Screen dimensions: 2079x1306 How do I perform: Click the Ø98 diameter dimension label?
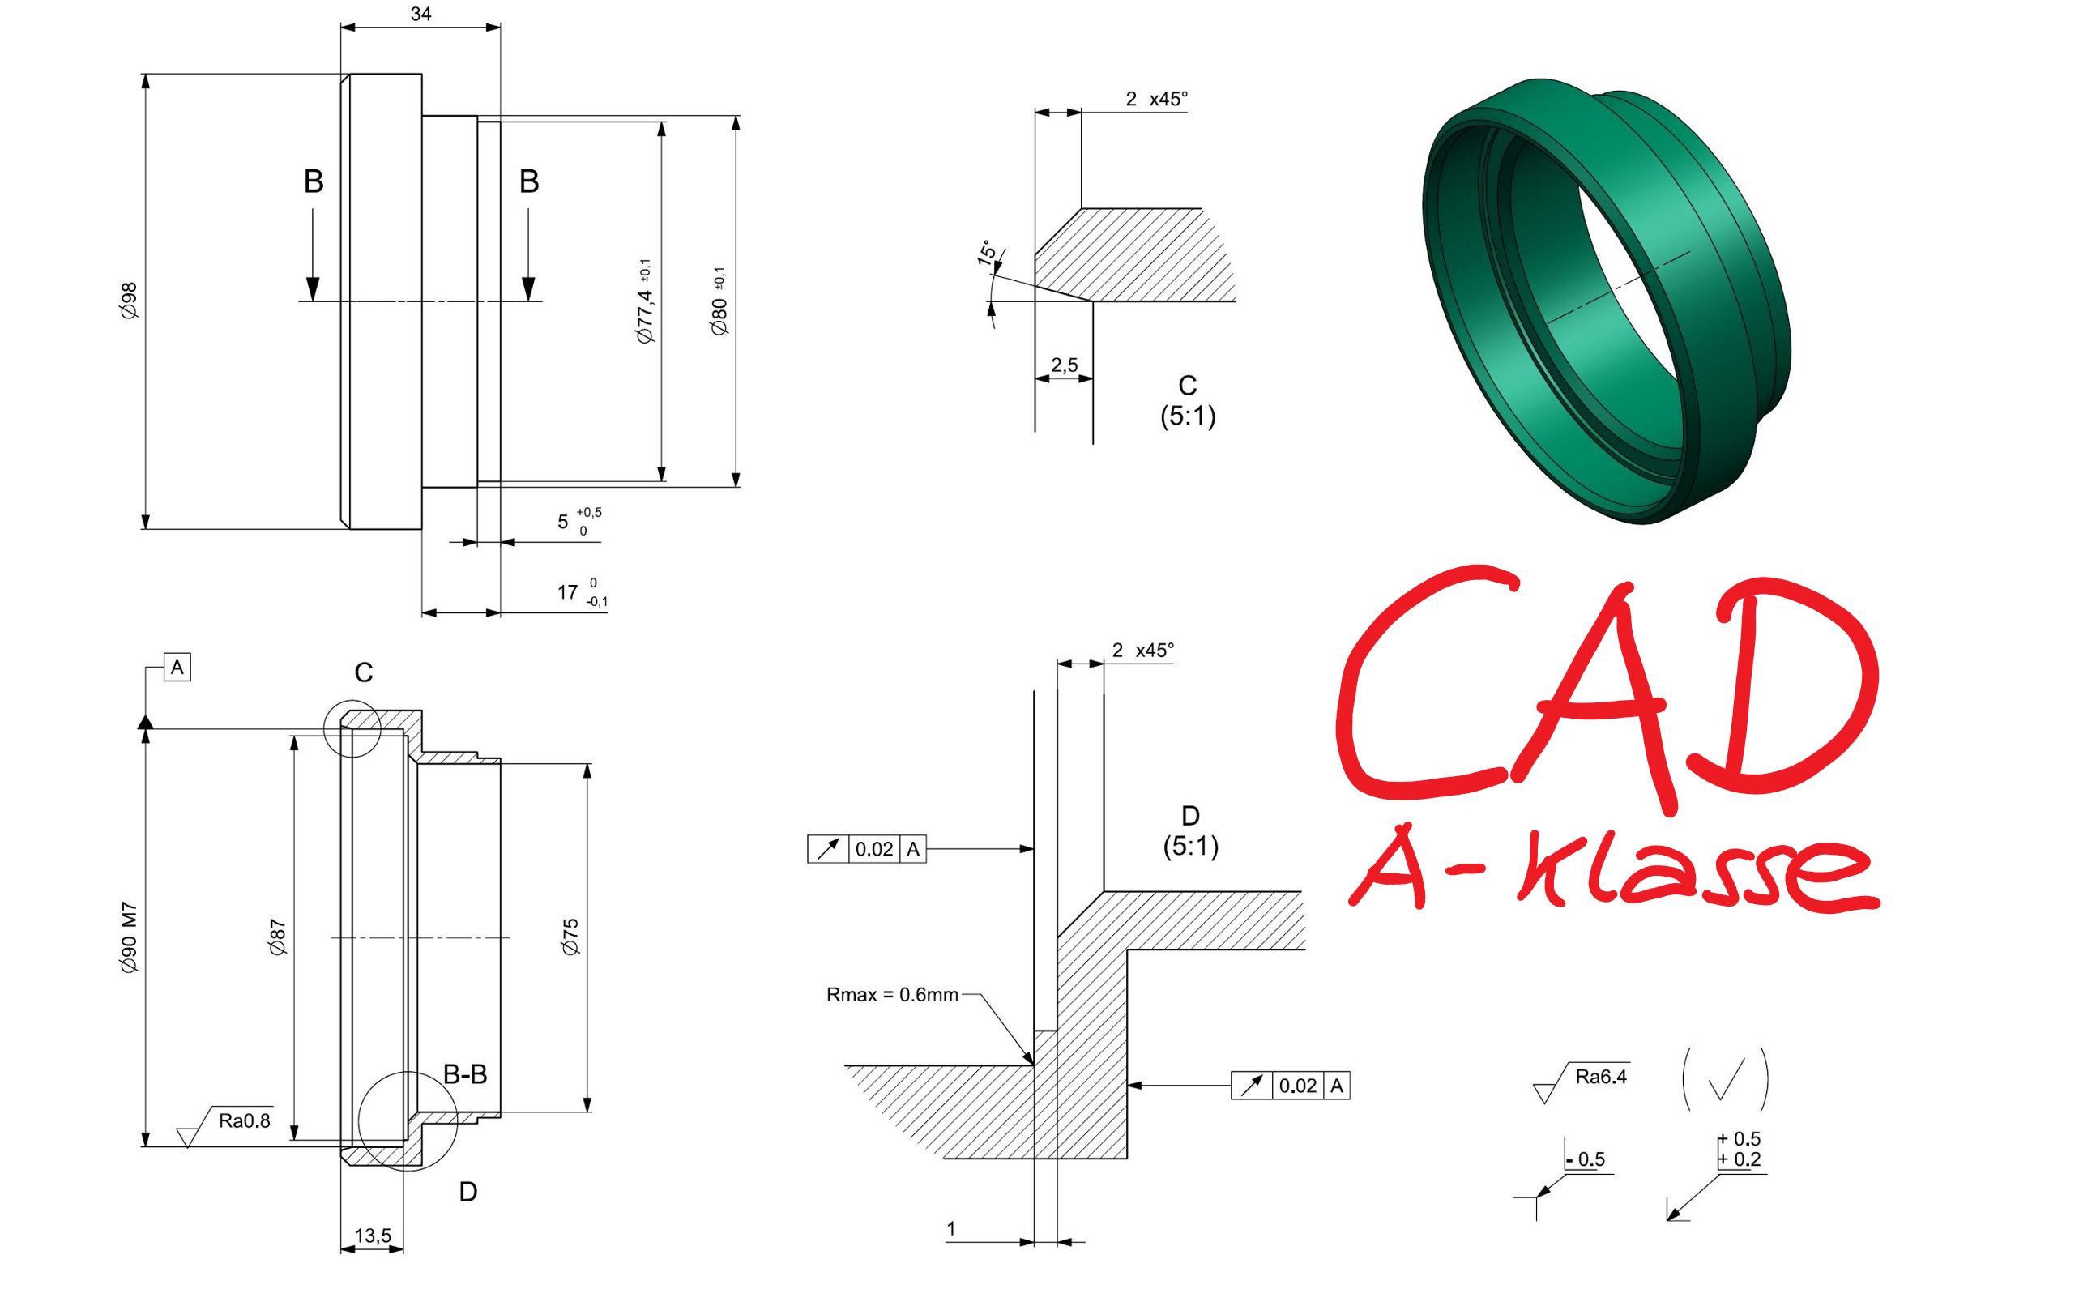click(129, 301)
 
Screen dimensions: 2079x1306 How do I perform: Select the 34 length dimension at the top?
click(420, 14)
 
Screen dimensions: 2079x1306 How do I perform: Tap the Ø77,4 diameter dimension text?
click(645, 301)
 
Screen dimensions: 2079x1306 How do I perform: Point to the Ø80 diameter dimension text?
click(719, 301)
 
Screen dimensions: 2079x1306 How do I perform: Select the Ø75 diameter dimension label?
click(570, 937)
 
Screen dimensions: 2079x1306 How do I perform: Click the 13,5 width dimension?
click(373, 1236)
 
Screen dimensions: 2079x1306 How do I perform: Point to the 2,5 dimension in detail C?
click(1065, 365)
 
